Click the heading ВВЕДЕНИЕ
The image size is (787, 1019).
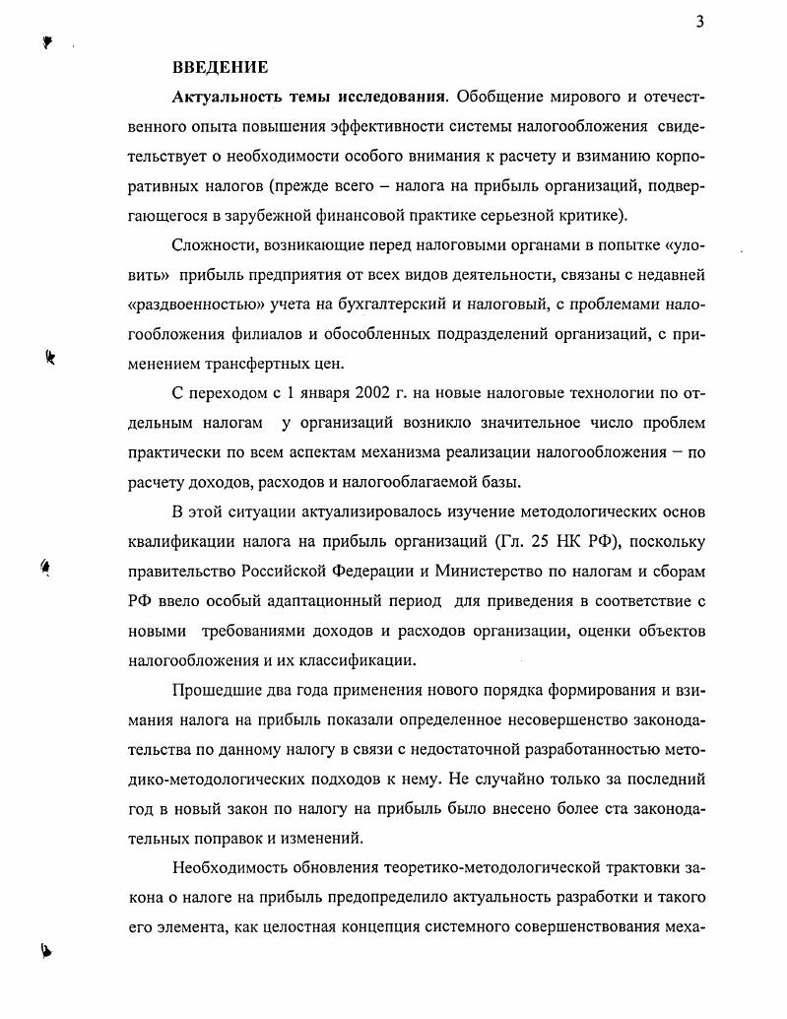pyautogui.click(x=220, y=68)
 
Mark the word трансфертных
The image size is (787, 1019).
pyautogui.click(x=264, y=363)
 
